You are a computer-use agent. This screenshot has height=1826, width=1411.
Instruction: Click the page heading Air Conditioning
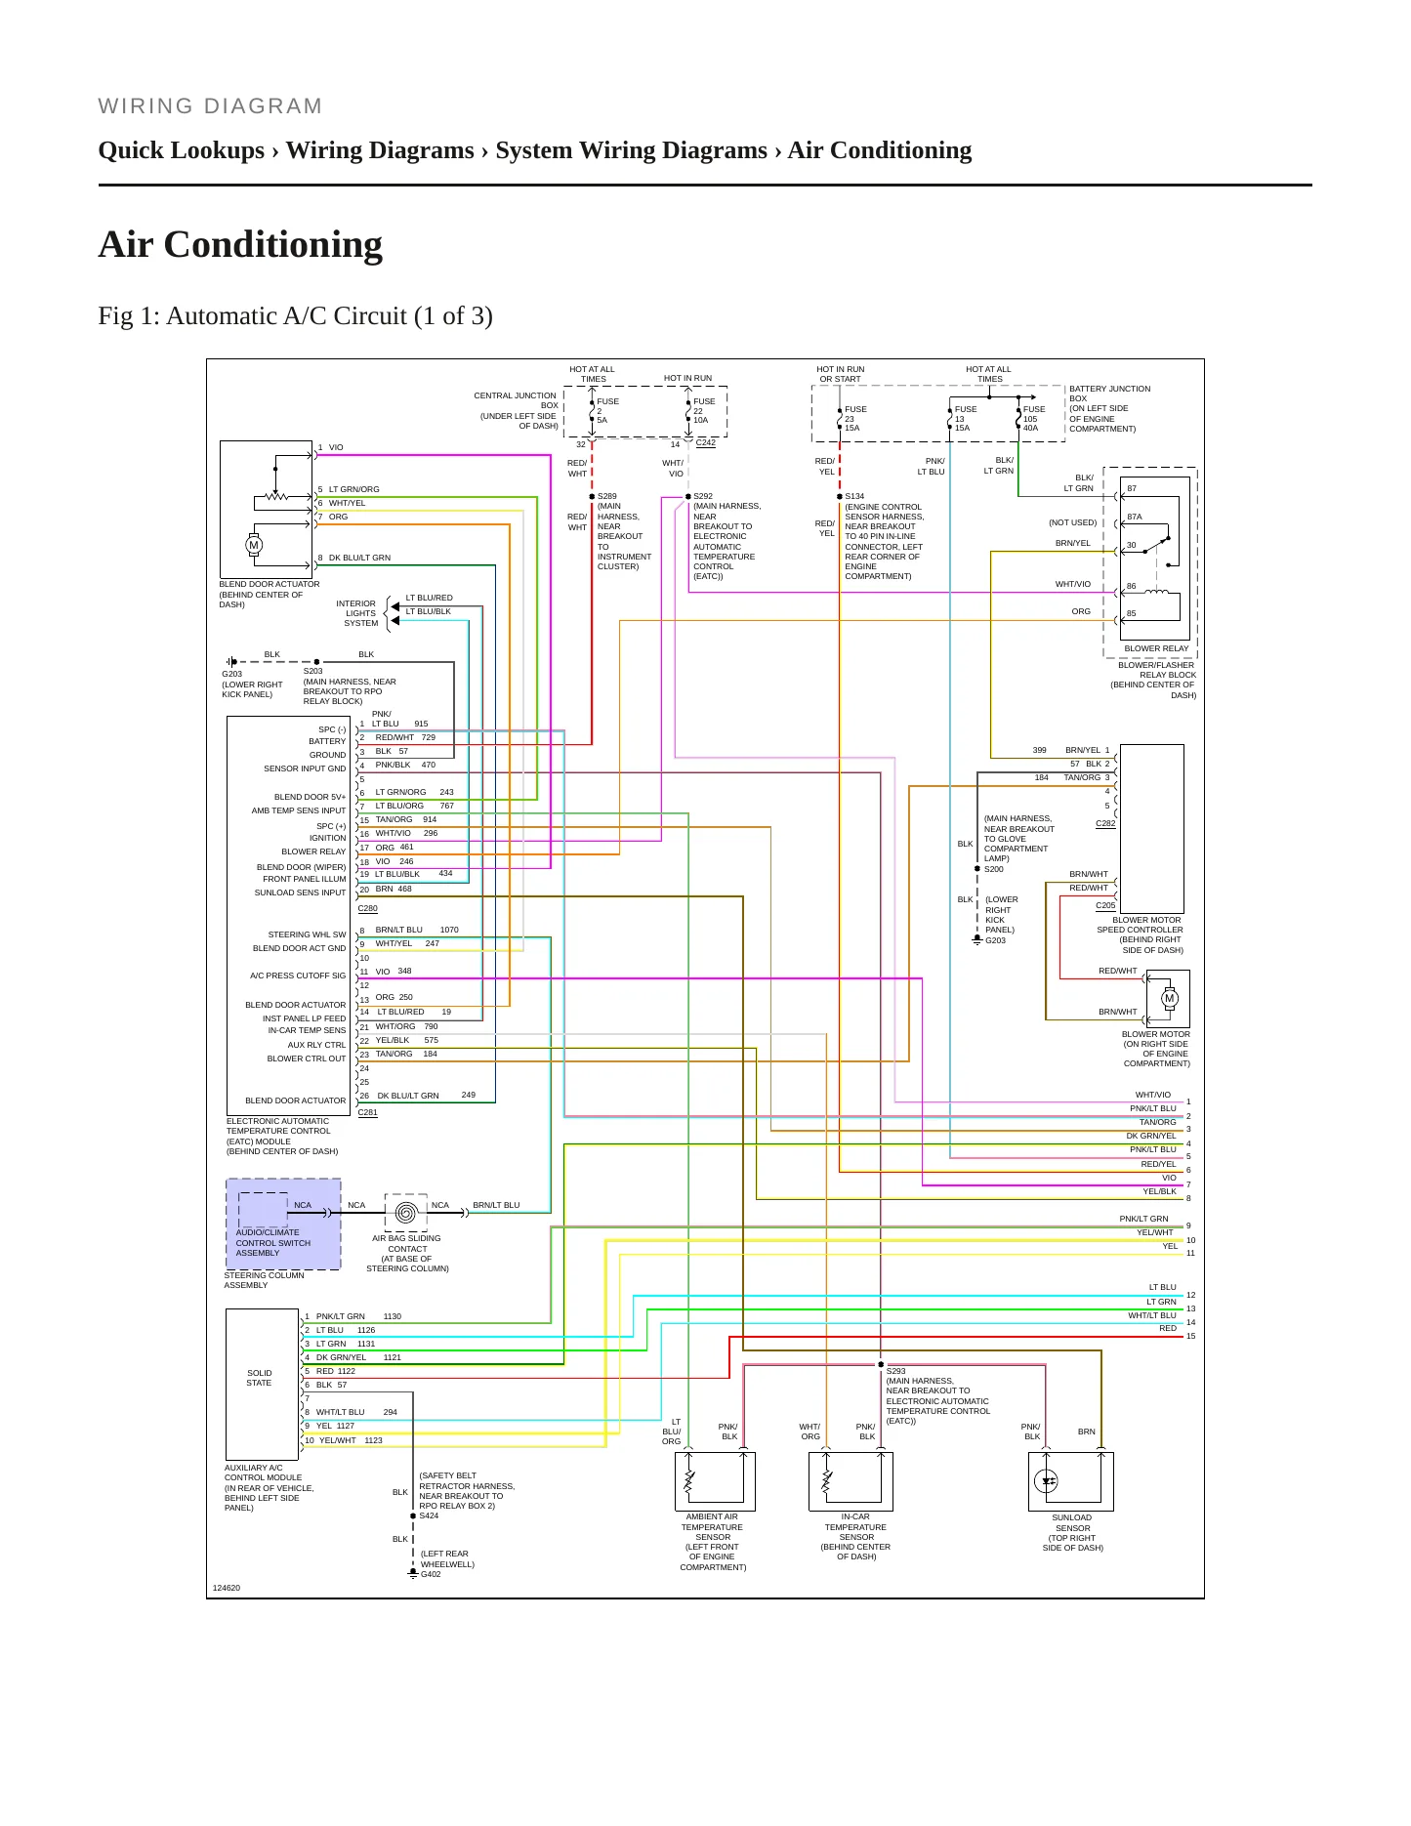pyautogui.click(x=240, y=244)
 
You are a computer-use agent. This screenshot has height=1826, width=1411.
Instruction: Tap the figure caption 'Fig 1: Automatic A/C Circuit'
pyautogui.click(x=295, y=316)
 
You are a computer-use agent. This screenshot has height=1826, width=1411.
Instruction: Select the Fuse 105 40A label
pyautogui.click(x=1034, y=419)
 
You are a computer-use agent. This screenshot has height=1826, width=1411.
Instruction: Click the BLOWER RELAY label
pyautogui.click(x=1156, y=648)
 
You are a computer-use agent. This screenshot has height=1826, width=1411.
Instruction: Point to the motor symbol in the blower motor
pyautogui.click(x=1170, y=998)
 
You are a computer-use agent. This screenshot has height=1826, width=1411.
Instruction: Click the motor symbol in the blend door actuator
pyautogui.click(x=254, y=545)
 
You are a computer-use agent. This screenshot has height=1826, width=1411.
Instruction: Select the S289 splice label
pyautogui.click(x=606, y=496)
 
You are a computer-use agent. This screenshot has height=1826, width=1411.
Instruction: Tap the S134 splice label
pyautogui.click(x=854, y=496)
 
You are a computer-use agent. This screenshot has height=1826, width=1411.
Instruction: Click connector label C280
pyautogui.click(x=367, y=908)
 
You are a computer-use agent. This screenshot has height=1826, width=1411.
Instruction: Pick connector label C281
pyautogui.click(x=367, y=1112)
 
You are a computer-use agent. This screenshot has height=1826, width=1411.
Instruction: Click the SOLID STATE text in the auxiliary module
pyautogui.click(x=259, y=1378)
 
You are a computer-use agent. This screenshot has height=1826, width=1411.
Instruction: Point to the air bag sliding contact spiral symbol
pyautogui.click(x=406, y=1212)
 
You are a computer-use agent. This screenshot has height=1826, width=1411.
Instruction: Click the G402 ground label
pyautogui.click(x=431, y=1574)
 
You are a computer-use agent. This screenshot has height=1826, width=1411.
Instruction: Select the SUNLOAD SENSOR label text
pyautogui.click(x=1072, y=1523)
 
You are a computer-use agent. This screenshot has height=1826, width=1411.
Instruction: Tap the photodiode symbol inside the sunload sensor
pyautogui.click(x=1047, y=1480)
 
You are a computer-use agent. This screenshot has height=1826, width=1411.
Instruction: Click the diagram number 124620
pyautogui.click(x=227, y=1588)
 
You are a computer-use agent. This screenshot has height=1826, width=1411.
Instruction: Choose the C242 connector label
pyautogui.click(x=705, y=442)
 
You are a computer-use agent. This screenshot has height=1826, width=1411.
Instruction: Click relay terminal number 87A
pyautogui.click(x=1135, y=517)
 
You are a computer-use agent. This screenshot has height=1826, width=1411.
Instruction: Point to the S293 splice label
pyautogui.click(x=896, y=1371)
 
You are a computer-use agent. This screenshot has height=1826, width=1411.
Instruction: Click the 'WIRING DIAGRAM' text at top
pyautogui.click(x=210, y=106)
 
